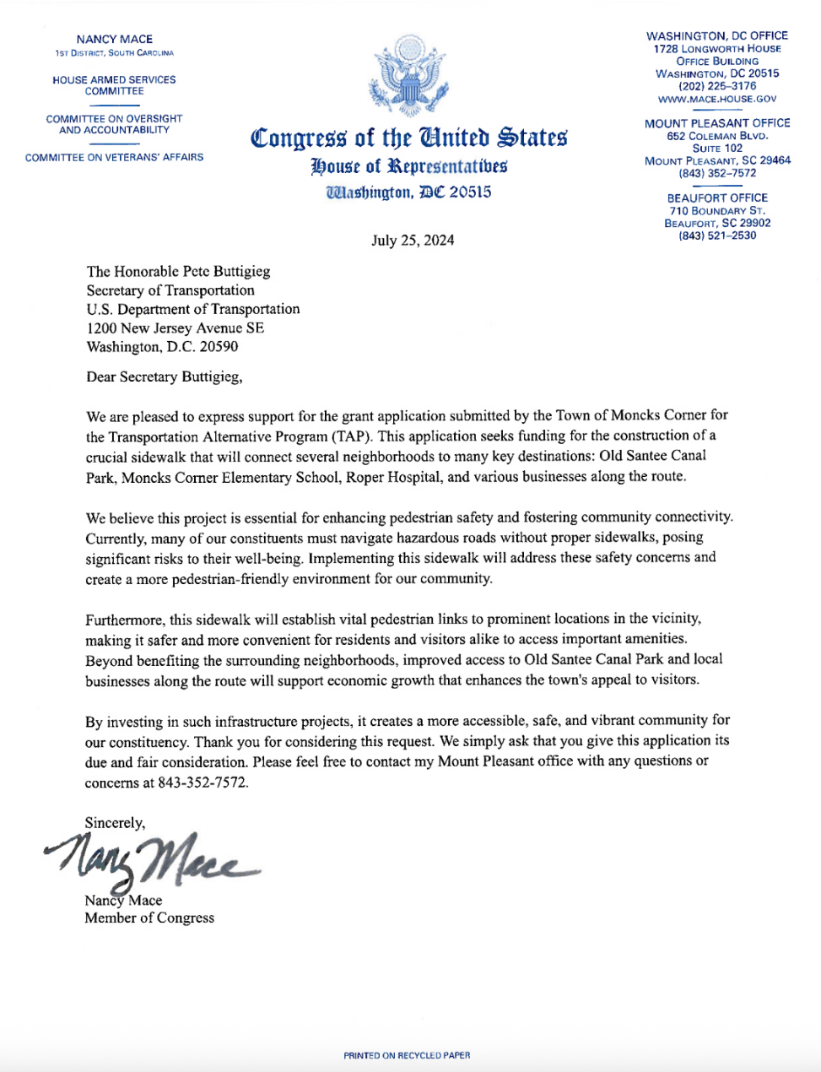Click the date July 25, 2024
click(413, 241)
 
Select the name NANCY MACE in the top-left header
click(114, 39)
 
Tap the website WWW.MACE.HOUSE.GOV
click(717, 99)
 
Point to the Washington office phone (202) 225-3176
click(717, 86)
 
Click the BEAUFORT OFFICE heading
click(717, 198)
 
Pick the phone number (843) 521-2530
click(717, 236)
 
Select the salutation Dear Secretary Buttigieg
click(164, 376)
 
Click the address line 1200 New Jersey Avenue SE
click(175, 328)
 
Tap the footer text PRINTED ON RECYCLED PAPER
click(407, 1055)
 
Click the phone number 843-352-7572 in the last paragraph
click(203, 782)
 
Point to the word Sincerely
click(115, 822)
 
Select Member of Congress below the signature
click(149, 918)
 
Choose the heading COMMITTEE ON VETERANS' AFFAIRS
click(114, 157)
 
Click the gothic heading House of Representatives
click(409, 165)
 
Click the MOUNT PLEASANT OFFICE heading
click(717, 123)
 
